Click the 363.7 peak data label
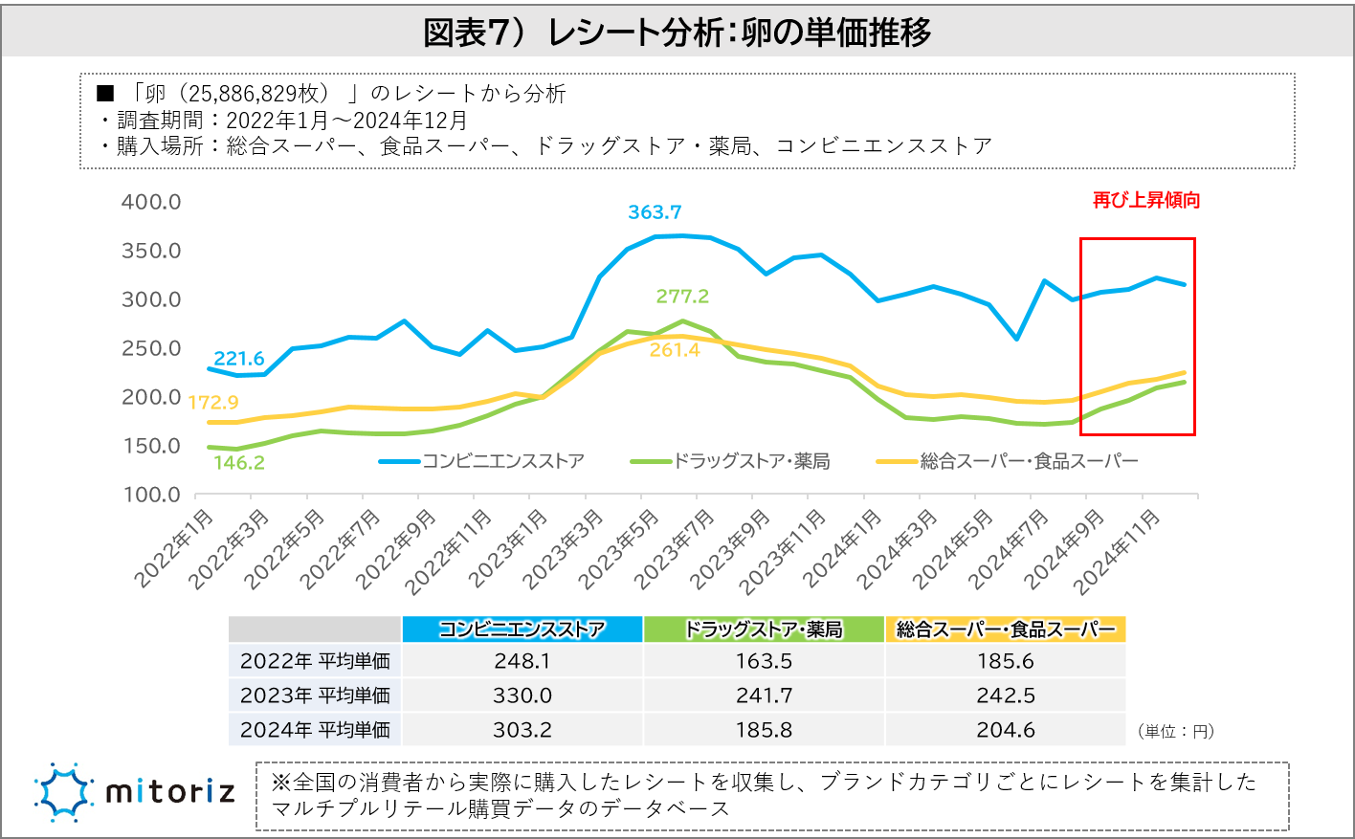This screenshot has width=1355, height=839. point(655,212)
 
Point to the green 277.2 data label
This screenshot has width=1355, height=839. point(682,297)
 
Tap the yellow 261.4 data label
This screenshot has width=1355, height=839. point(675,350)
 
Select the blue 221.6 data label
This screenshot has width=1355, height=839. point(238,359)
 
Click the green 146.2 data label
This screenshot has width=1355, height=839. point(238,463)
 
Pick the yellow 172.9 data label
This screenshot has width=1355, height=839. point(212,403)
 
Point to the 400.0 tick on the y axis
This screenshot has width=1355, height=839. point(151,202)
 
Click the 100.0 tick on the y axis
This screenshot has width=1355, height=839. point(151,495)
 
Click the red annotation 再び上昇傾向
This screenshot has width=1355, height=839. point(1146,201)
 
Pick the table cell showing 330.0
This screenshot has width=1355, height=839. point(522,695)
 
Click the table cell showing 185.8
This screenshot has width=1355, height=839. point(764,730)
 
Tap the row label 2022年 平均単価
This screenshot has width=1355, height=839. point(315,661)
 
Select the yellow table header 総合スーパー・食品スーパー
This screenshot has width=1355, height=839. point(1006,629)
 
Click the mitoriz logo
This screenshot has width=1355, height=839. point(134,792)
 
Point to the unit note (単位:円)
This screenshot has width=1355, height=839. point(1176,732)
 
